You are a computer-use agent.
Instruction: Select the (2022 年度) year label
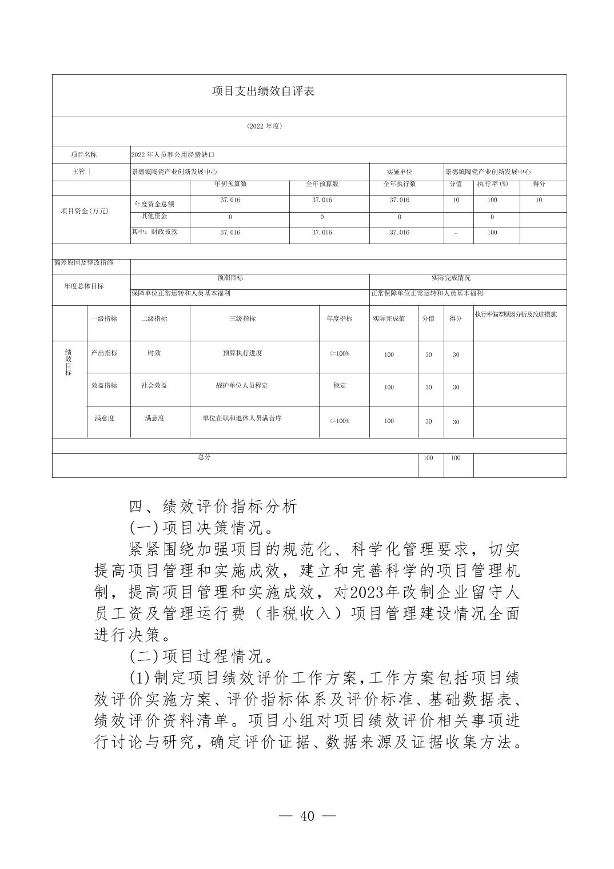264,126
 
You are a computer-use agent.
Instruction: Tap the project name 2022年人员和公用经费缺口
173,154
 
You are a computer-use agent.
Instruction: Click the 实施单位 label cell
400,172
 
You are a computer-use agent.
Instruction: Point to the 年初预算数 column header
230,184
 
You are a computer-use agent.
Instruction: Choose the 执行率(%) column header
492,184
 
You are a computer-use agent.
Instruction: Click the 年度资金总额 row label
154,204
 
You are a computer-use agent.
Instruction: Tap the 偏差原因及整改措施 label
83,262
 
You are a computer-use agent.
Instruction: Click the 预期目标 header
230,278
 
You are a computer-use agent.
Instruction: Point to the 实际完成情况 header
450,278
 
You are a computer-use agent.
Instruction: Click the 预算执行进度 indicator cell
242,353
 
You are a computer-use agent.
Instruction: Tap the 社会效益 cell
154,385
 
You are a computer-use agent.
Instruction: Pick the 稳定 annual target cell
340,385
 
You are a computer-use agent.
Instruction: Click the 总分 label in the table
204,457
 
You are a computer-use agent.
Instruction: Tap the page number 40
307,816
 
